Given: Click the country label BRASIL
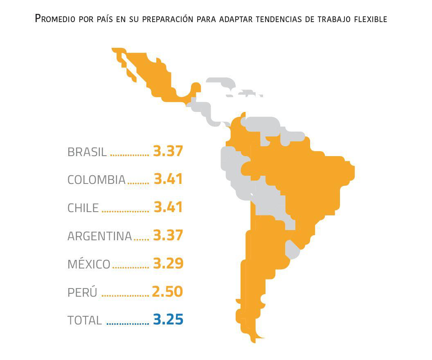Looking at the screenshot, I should tap(87, 152).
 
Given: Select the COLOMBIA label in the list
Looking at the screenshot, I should tap(96, 180).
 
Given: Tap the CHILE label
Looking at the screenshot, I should tap(83, 208).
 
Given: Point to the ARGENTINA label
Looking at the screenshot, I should tap(99, 236).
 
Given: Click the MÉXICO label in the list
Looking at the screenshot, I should tap(89, 264).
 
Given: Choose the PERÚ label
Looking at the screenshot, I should tap(82, 293).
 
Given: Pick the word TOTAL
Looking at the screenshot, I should tap(85, 321).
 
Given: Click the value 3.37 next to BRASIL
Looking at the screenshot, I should tap(168, 151).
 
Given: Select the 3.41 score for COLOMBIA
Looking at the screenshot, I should tap(168, 179).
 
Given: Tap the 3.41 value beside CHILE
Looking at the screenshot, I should tap(168, 207).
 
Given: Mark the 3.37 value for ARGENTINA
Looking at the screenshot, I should tap(168, 235).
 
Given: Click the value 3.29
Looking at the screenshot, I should tap(168, 264).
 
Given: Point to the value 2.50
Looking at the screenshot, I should tap(167, 292).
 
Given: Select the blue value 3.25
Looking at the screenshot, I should tap(168, 320).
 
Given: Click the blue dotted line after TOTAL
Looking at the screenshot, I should tap(127, 324).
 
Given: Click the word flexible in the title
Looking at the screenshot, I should tap(370, 19).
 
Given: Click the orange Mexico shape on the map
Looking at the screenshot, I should tap(157, 78).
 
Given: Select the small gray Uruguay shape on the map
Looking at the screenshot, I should tap(293, 249).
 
